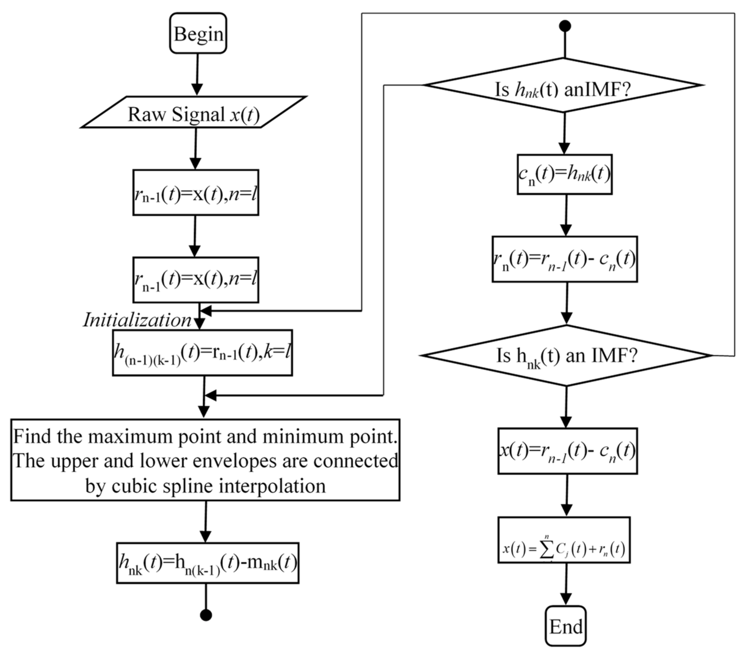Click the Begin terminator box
pyautogui.click(x=198, y=33)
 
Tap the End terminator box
pyautogui.click(x=565, y=627)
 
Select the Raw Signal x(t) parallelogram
pyautogui.click(x=193, y=112)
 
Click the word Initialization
pyautogui.click(x=137, y=320)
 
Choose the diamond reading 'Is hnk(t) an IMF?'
pyautogui.click(x=566, y=355)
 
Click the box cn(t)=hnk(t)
pyautogui.click(x=564, y=174)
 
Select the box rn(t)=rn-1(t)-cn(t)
pyautogui.click(x=564, y=259)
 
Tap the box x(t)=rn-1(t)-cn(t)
pyautogui.click(x=567, y=451)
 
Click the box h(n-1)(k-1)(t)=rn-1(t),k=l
pyautogui.click(x=202, y=353)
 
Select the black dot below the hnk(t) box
pyautogui.click(x=206, y=615)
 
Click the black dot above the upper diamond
pyautogui.click(x=565, y=26)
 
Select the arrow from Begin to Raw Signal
pyautogui.click(x=197, y=75)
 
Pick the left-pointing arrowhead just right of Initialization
pyautogui.click(x=206, y=311)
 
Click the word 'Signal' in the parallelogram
pyautogui.click(x=198, y=114)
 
